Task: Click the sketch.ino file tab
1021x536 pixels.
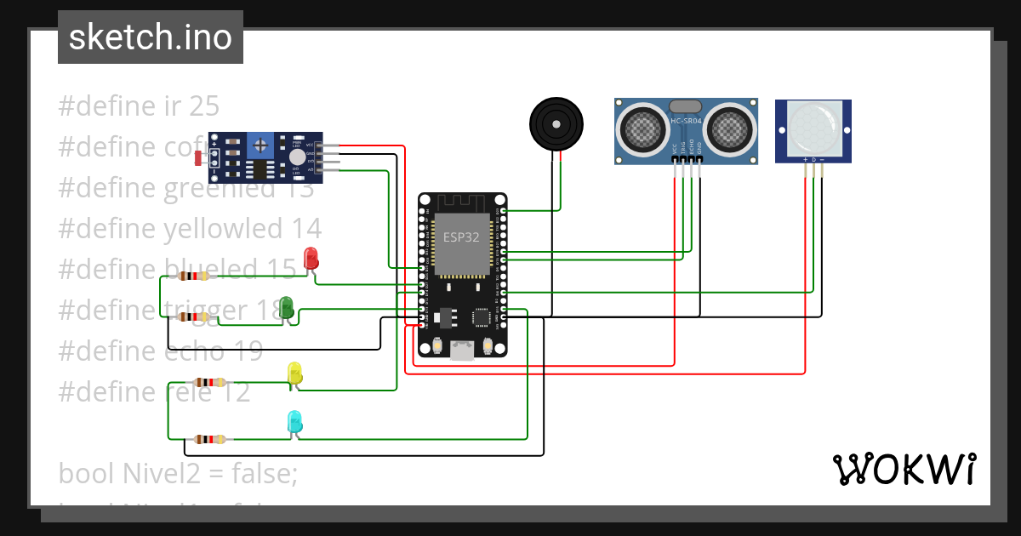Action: pos(150,37)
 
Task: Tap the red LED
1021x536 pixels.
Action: pos(311,258)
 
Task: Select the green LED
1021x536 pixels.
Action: pos(287,307)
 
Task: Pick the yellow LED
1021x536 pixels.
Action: pos(294,373)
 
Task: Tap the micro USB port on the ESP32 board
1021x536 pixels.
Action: pos(463,350)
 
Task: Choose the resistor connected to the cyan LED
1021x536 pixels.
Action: pos(208,439)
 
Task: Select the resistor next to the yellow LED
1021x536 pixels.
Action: pos(208,382)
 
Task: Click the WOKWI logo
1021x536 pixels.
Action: pos(903,469)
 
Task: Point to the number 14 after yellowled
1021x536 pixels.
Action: pos(306,228)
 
